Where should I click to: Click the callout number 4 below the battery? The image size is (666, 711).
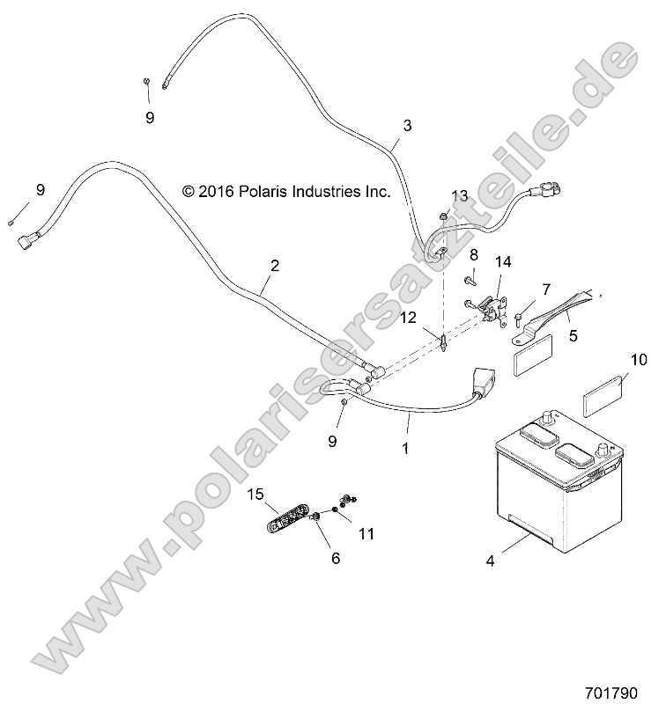tap(490, 561)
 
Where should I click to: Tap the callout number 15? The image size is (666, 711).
tap(255, 494)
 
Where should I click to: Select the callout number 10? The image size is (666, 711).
tap(639, 360)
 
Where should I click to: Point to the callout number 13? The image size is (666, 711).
tap(460, 196)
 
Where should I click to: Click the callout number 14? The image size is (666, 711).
tap(503, 261)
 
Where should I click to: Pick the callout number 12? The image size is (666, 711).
tap(409, 318)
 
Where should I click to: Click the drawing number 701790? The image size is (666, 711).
tap(611, 693)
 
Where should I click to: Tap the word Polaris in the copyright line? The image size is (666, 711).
tap(263, 191)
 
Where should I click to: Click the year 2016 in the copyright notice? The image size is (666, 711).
tap(216, 191)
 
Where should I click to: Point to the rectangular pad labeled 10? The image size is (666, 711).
tap(603, 396)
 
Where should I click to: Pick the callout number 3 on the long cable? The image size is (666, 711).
tap(407, 125)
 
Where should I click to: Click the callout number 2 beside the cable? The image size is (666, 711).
tap(275, 265)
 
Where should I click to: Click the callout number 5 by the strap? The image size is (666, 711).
tap(573, 336)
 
